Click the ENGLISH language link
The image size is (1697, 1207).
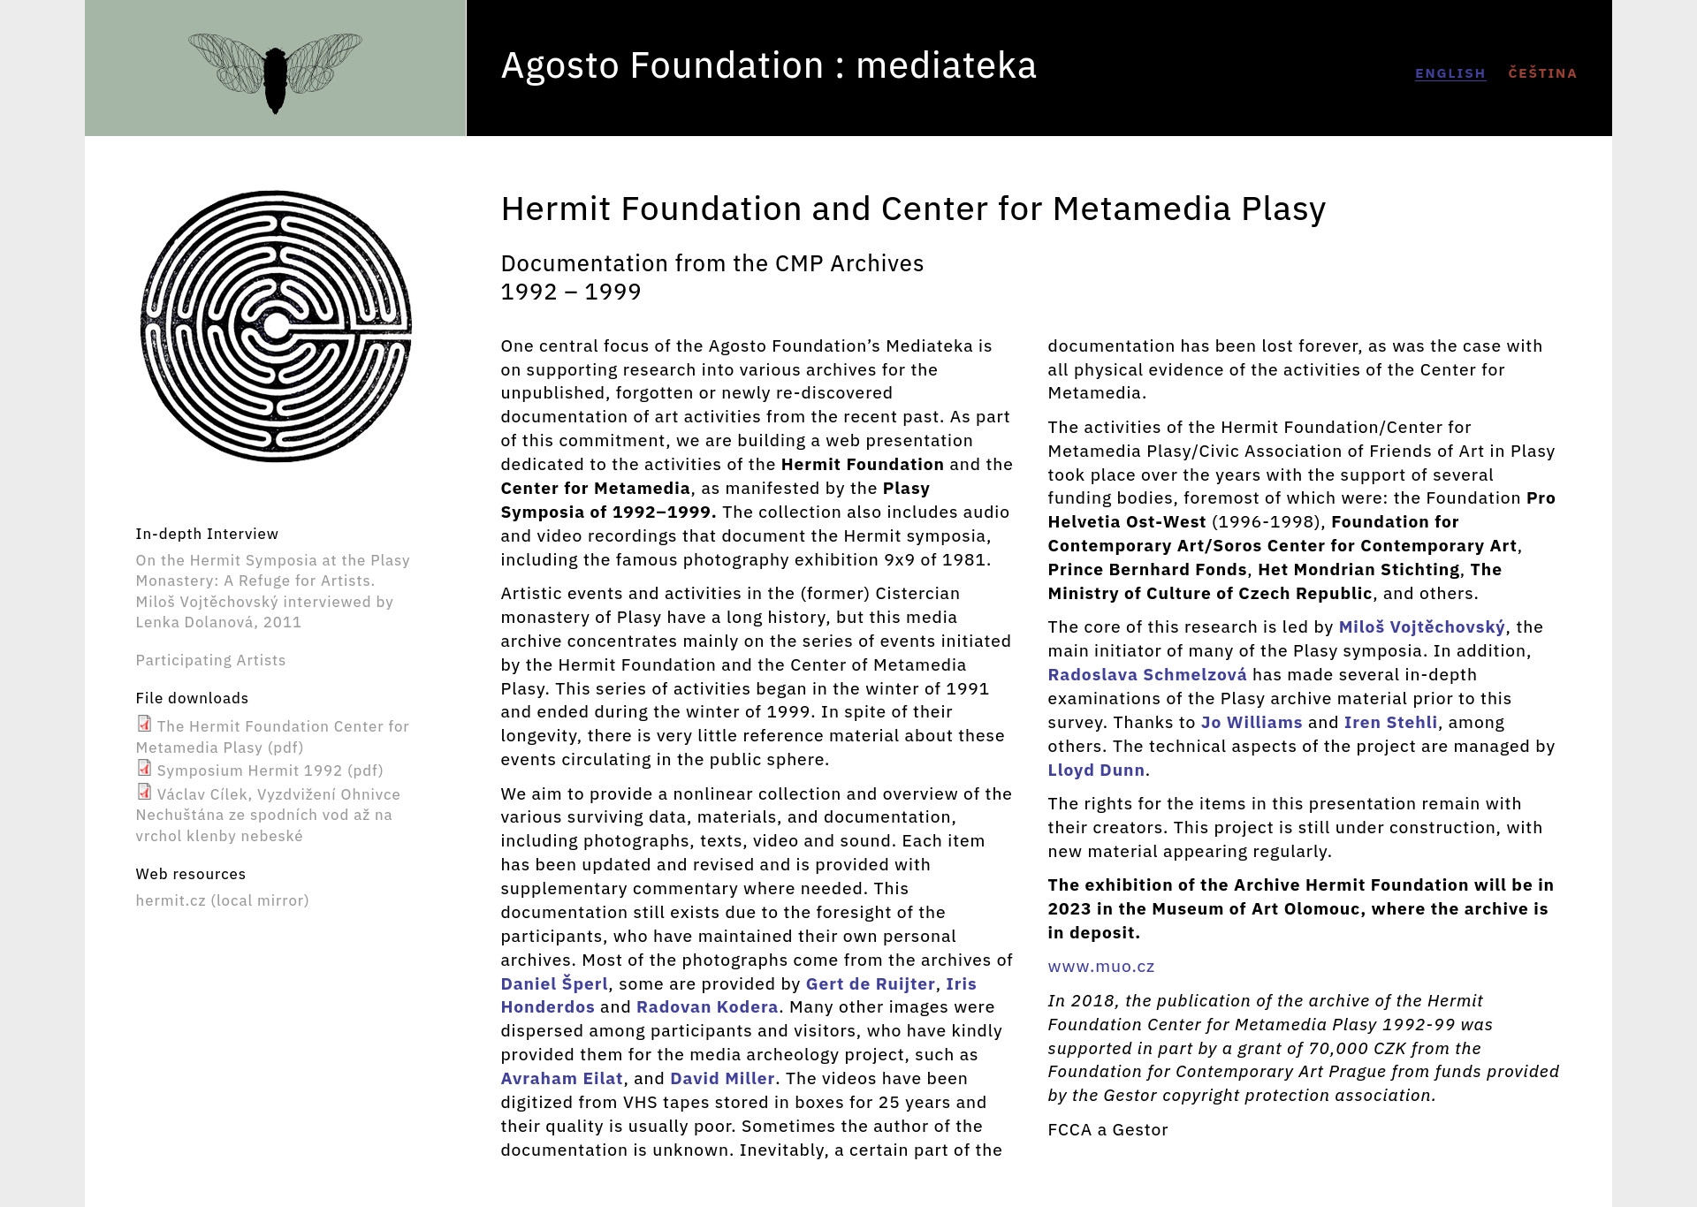coord(1450,73)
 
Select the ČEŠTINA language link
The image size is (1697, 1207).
coord(1542,73)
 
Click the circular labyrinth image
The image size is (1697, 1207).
coord(276,326)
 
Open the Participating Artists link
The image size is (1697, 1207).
coord(210,660)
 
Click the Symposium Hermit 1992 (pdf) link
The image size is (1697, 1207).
coord(270,771)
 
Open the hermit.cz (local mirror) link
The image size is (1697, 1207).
coord(222,900)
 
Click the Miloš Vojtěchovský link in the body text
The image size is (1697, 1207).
coord(1421,627)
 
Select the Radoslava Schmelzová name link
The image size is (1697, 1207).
coord(1147,675)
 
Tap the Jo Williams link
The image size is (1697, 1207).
coord(1251,723)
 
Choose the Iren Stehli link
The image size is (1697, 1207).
coord(1390,723)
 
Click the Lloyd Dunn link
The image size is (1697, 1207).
coord(1096,771)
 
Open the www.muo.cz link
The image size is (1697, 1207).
coord(1101,967)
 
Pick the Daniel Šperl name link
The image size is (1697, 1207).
coord(554,984)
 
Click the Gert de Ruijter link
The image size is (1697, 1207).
coord(870,984)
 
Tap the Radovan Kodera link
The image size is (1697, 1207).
coord(707,1007)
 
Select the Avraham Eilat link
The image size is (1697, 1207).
coord(562,1079)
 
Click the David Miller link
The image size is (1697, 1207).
coord(722,1079)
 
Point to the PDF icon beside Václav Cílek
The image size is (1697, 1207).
coord(144,793)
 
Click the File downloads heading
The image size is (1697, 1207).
coord(192,698)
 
